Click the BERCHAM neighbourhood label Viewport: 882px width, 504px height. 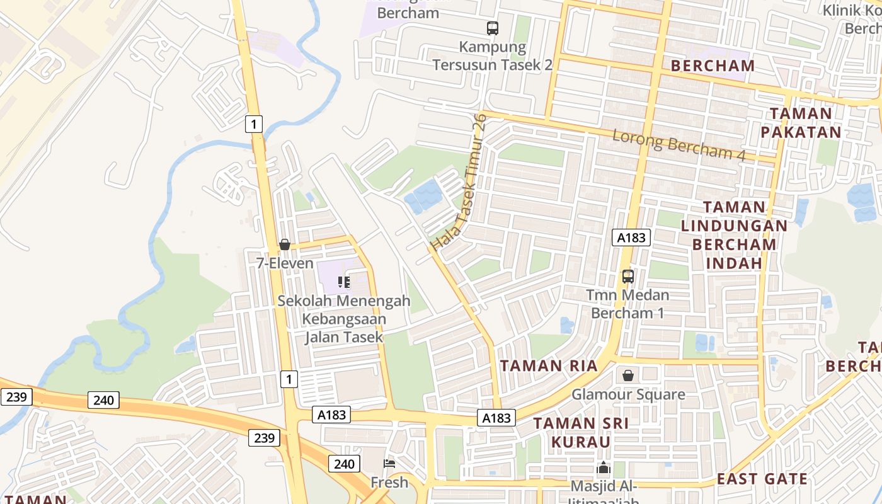(x=713, y=66)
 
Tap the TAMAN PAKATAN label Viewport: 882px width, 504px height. (x=801, y=123)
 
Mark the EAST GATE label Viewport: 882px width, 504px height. (x=762, y=479)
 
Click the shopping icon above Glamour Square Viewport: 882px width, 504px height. (x=628, y=376)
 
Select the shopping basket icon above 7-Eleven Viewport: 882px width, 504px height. (x=285, y=244)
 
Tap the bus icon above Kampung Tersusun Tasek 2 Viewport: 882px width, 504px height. (x=492, y=28)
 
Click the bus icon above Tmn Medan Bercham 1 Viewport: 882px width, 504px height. (x=628, y=276)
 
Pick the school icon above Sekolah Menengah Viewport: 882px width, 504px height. (x=344, y=282)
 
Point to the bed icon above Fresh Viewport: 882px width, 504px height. (x=389, y=464)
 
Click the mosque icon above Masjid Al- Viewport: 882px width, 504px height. (x=604, y=468)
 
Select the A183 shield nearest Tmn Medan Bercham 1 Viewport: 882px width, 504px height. (x=631, y=237)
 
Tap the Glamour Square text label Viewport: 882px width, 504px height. (x=628, y=395)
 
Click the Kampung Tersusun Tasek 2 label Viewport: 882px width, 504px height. (x=493, y=55)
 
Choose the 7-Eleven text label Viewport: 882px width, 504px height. (x=285, y=263)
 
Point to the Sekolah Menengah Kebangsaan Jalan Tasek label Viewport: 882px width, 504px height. (x=344, y=319)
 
